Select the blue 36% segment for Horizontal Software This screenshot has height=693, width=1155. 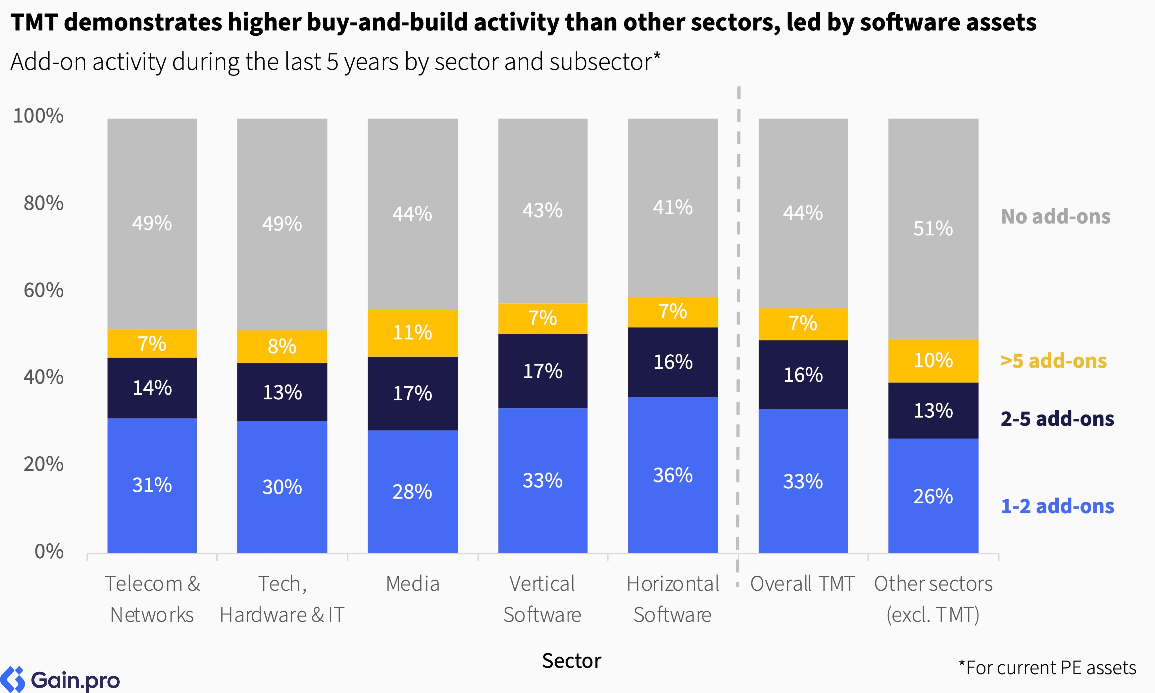tap(673, 475)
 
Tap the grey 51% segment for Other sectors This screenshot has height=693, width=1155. tap(933, 229)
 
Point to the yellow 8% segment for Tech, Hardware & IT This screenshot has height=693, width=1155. tap(282, 346)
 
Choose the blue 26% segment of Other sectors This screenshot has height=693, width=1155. tap(933, 496)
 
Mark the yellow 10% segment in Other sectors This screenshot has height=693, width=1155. tap(933, 361)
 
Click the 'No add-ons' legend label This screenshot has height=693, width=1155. tap(1056, 217)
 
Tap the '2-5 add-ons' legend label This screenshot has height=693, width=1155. tap(1057, 419)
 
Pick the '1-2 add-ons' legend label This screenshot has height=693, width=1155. tap(1057, 506)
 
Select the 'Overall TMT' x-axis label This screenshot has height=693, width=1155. tap(802, 584)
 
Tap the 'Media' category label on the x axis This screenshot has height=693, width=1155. tap(413, 584)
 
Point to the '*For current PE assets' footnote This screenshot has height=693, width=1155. tap(1047, 668)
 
